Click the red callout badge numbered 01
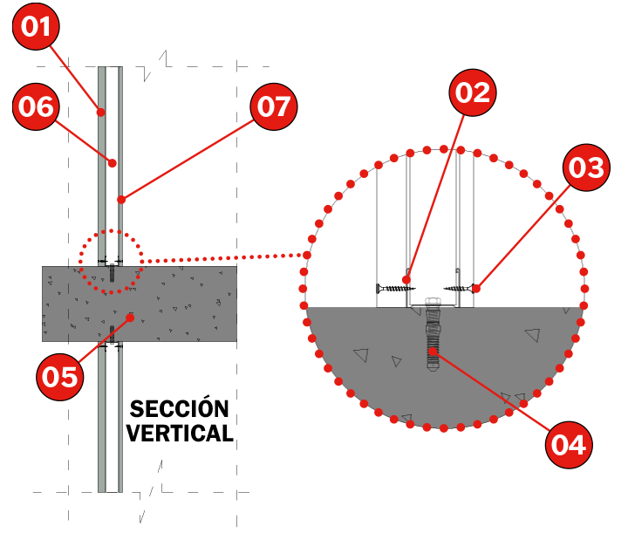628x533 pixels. [x=36, y=26]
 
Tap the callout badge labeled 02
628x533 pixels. [x=473, y=92]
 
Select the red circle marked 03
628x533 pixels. [x=586, y=167]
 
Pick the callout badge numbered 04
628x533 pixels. [x=569, y=445]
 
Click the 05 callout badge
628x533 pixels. [x=60, y=377]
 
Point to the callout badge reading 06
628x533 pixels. [x=36, y=106]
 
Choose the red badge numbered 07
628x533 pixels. [x=274, y=106]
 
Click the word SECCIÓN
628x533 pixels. [x=179, y=408]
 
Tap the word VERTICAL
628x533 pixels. [x=180, y=433]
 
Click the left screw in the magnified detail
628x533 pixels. [x=395, y=289]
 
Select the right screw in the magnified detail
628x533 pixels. [x=460, y=289]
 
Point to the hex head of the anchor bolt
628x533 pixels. [x=433, y=302]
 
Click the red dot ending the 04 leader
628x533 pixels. [x=433, y=352]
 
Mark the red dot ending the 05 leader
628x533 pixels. [x=130, y=318]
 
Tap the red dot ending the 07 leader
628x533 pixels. [x=121, y=200]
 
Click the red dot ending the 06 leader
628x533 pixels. [x=113, y=163]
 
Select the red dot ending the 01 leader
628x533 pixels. [x=101, y=113]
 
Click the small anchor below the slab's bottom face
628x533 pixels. [x=112, y=334]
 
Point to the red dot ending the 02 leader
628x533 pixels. [x=406, y=279]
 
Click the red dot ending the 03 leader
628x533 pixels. [x=476, y=288]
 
